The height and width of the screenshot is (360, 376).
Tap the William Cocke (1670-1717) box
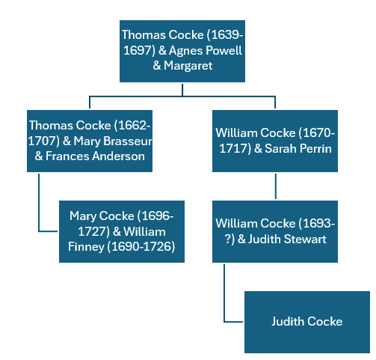[x=275, y=141]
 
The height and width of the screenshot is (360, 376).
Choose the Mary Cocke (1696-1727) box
[x=122, y=231]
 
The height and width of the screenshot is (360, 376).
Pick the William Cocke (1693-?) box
[x=275, y=231]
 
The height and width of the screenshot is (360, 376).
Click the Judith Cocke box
[x=306, y=321]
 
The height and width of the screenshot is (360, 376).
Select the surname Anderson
[x=118, y=156]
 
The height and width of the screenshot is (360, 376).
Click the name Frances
[x=64, y=156]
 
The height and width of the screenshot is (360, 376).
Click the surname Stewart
[x=310, y=239]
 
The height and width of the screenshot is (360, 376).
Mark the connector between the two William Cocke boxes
[x=275, y=186]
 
